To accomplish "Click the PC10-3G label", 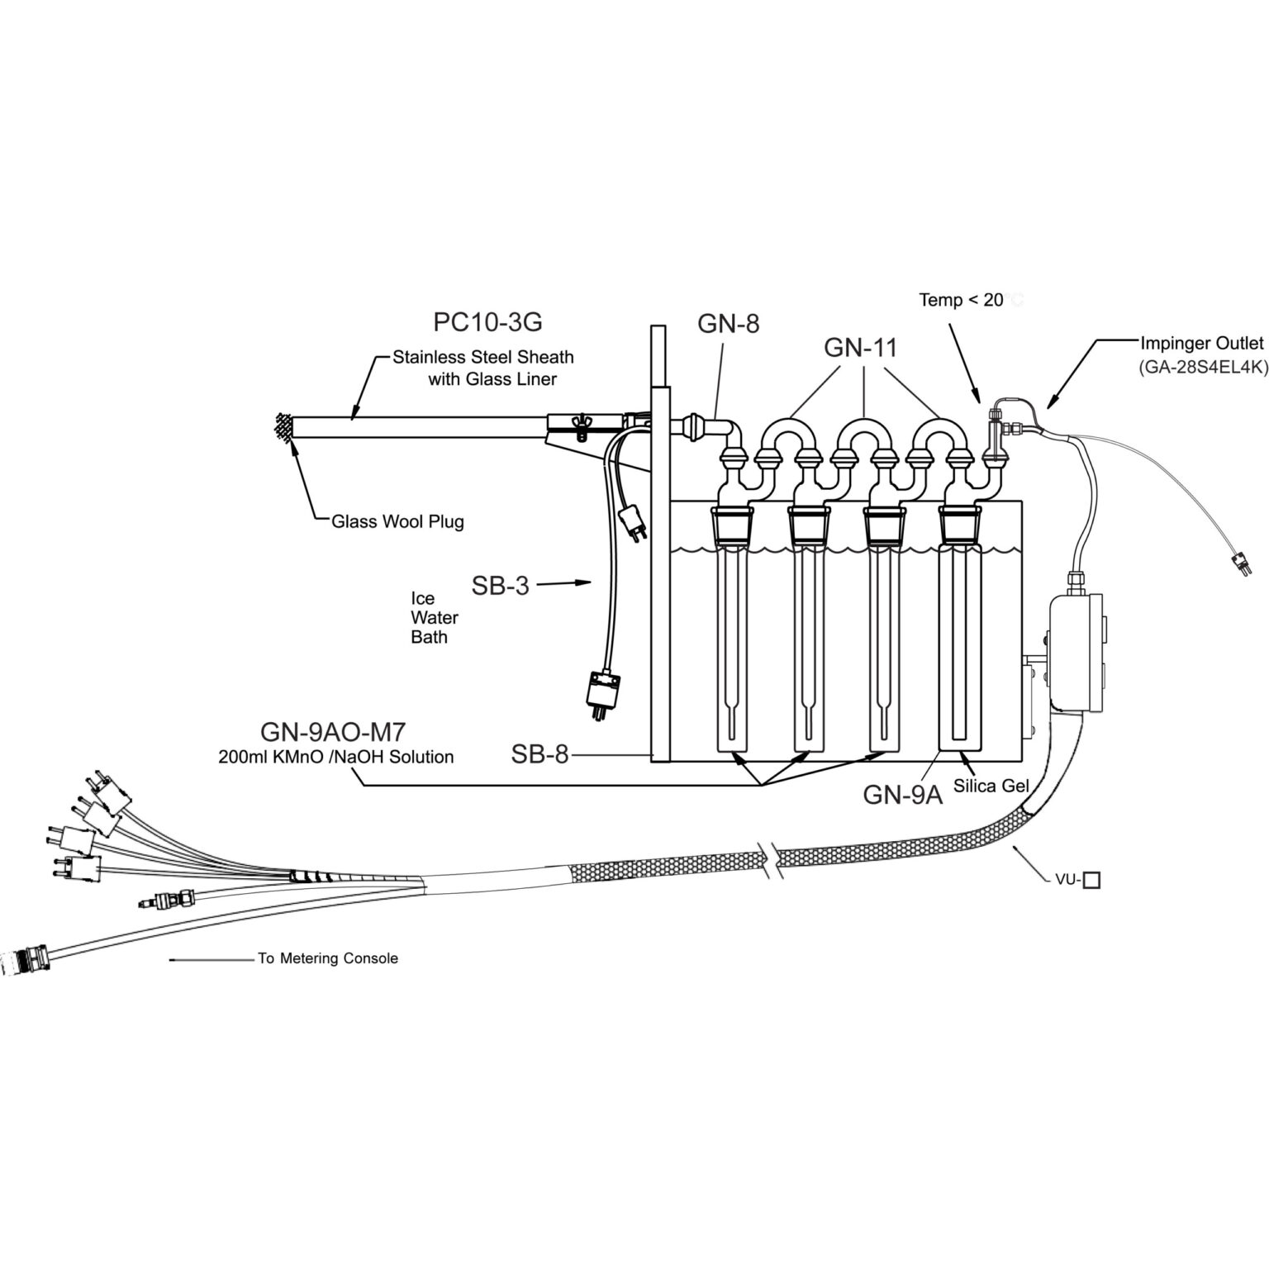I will (487, 322).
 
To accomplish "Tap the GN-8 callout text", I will (728, 323).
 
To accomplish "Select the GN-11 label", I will (860, 348).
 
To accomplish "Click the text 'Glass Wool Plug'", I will (397, 521).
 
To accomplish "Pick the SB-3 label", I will (500, 586).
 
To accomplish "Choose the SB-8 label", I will (539, 754).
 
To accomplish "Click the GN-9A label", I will (902, 795).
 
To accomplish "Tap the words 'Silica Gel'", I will (991, 785).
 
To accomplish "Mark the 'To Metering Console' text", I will (328, 958).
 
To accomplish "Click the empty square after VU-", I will (1091, 881).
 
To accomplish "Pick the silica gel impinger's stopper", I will (960, 523).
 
